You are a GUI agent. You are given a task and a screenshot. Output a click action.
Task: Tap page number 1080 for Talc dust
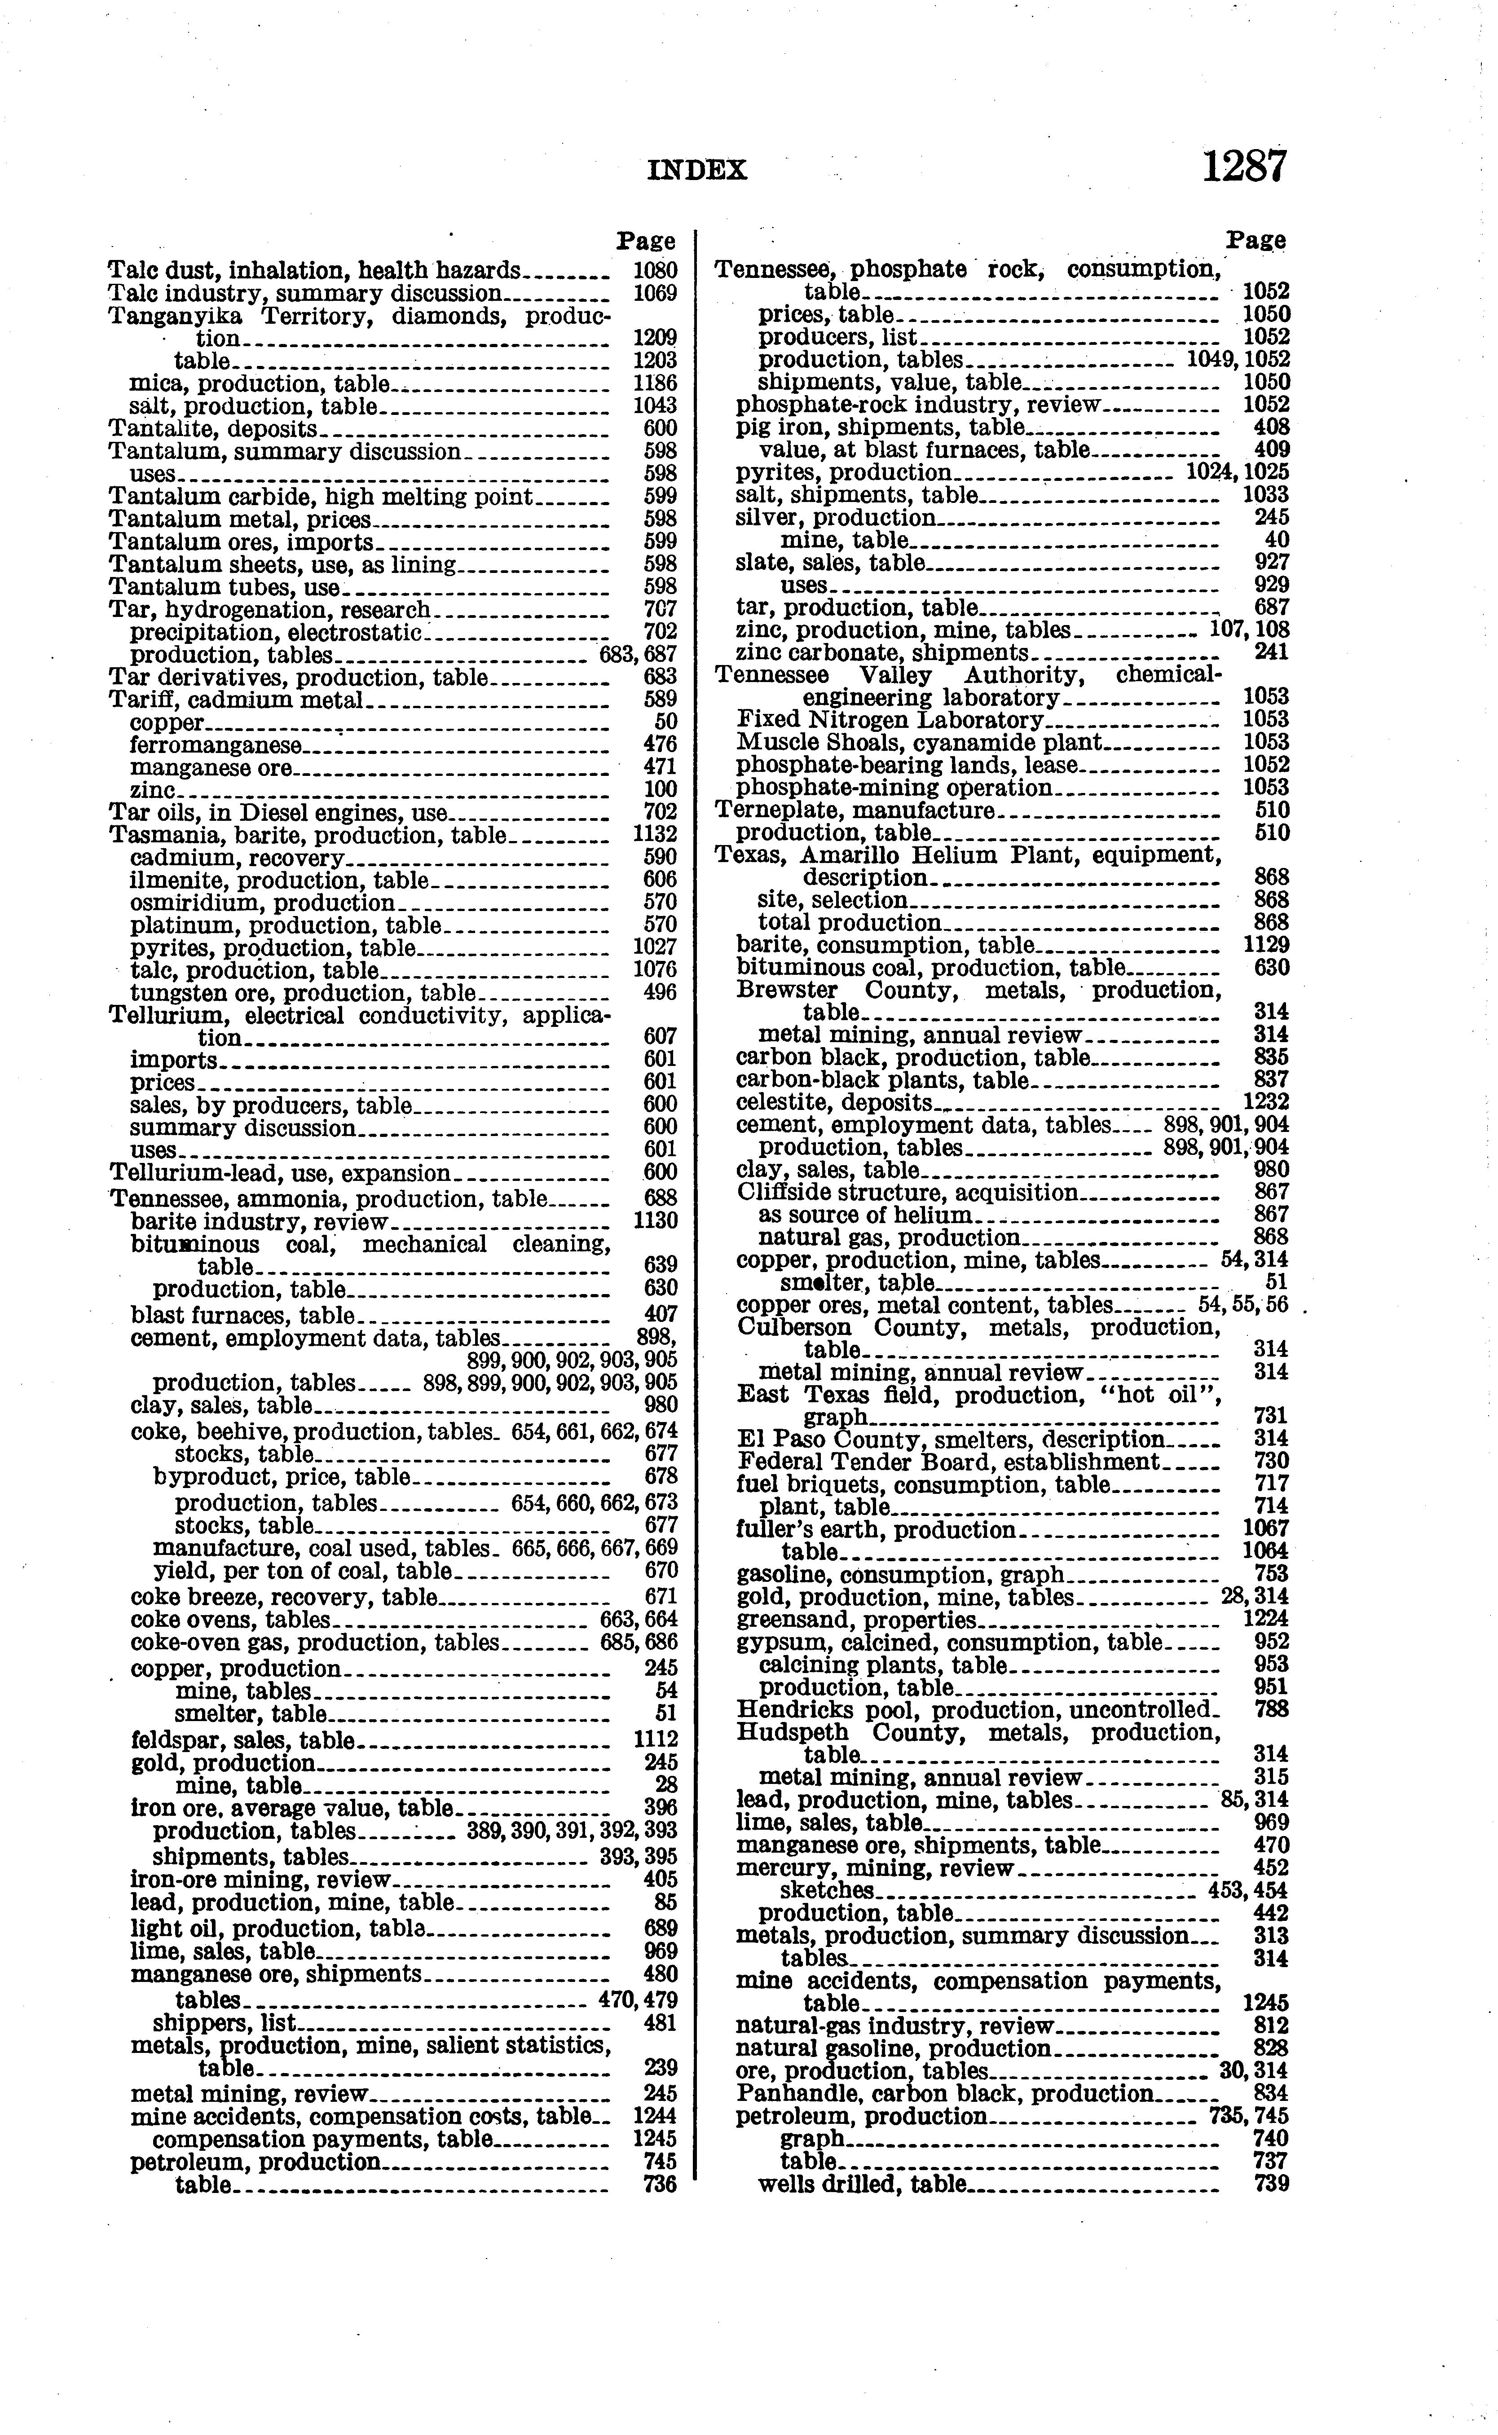coord(655,270)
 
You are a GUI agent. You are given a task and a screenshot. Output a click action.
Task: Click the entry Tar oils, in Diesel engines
coord(278,813)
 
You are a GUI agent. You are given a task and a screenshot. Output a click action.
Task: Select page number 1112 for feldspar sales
coord(655,1739)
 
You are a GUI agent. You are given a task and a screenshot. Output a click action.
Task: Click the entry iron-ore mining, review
coord(261,1879)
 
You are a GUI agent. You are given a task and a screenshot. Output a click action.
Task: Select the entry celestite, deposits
coord(834,1103)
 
